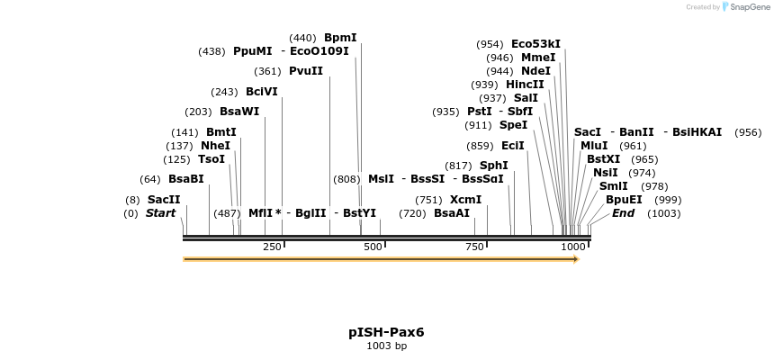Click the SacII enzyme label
[164, 200]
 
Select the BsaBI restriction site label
[185, 179]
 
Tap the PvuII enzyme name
[305, 71]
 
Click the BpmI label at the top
[340, 38]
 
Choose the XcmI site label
[465, 200]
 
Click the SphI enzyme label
[493, 166]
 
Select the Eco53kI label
[535, 44]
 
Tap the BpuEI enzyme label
[624, 200]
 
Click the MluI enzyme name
[594, 146]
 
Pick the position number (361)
[267, 71]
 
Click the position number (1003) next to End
[663, 213]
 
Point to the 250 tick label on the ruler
[272, 247]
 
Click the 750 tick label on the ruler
[475, 247]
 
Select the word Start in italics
[160, 213]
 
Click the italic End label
[623, 213]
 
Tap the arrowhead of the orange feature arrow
[574, 259]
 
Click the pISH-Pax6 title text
[386, 332]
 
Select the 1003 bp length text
[386, 346]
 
